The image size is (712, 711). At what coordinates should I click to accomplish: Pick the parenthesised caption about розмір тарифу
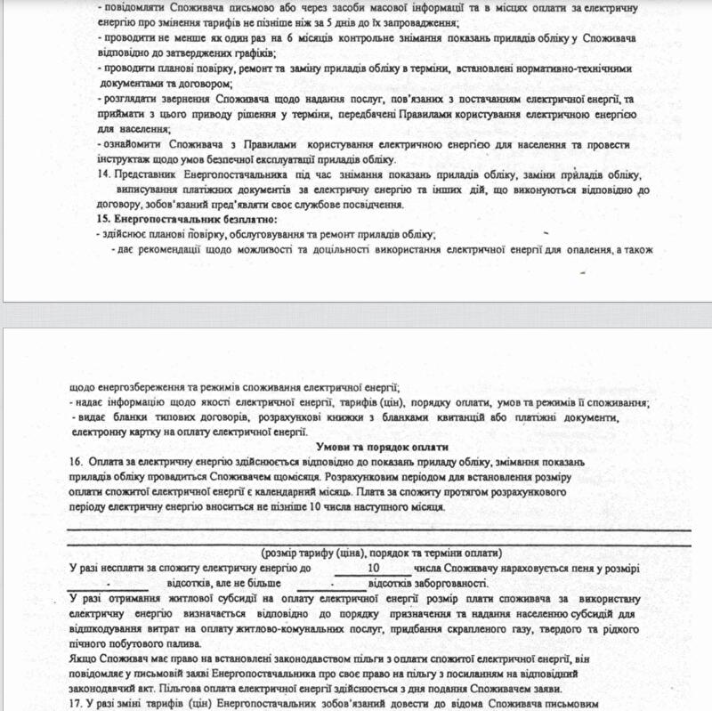(x=384, y=553)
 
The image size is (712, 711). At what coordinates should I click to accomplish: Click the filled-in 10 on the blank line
(x=374, y=568)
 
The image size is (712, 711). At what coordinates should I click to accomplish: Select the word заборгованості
(x=444, y=584)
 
